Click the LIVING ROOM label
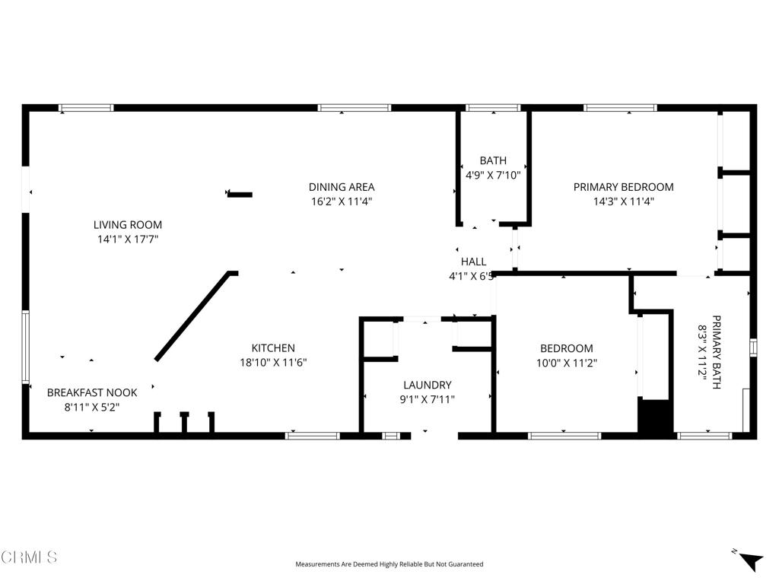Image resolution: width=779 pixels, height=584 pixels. coord(128,225)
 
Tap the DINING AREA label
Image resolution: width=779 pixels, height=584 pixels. coord(341,187)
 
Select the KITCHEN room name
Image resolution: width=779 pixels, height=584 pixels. coord(273,348)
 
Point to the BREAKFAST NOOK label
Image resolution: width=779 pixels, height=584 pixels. coord(92,392)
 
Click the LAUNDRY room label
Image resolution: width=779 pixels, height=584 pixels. coord(427,385)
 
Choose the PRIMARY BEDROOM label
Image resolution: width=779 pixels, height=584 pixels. coord(623,187)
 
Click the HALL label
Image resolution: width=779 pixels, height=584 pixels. coord(473,262)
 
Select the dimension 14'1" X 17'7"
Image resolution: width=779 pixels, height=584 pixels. coord(128,240)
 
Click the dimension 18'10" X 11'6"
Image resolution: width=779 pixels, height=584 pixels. coord(273,363)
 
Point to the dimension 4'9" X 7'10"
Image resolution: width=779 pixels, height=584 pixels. coord(493,175)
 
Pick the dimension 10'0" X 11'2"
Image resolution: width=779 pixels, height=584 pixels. coord(566,363)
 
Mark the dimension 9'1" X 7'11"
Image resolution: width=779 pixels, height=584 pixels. coord(427,399)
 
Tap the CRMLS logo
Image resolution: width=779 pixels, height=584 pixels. coord(29,557)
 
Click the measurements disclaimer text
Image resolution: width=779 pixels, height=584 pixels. coord(389,564)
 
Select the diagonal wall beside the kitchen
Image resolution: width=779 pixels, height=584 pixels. coord(192,316)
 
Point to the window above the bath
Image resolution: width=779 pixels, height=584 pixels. coord(492,108)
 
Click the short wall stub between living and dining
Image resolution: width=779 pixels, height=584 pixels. coord(240,195)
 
